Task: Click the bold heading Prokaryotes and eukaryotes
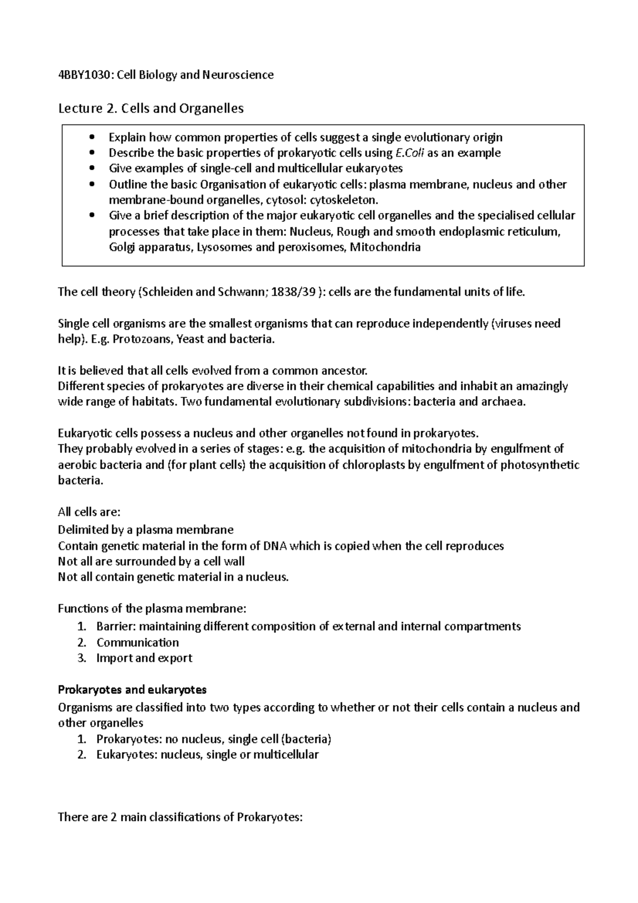(x=132, y=690)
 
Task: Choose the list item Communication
(x=137, y=642)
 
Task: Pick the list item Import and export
(x=144, y=658)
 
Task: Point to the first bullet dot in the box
(x=93, y=137)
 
